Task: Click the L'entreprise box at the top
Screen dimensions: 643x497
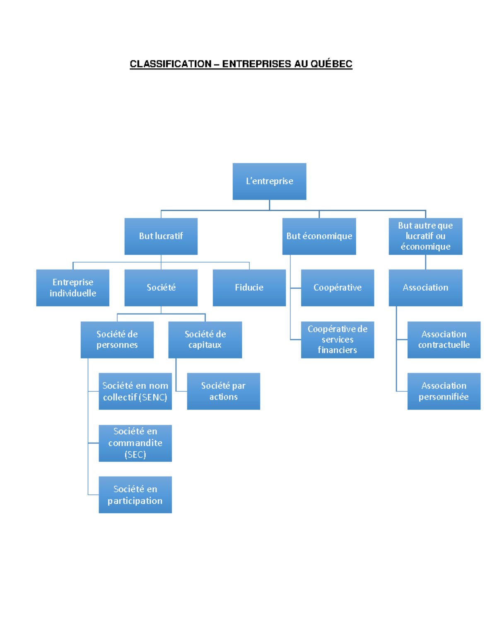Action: click(269, 181)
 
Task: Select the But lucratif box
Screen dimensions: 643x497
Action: click(161, 236)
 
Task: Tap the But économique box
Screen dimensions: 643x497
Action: click(319, 236)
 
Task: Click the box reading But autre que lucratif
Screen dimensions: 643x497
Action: click(425, 236)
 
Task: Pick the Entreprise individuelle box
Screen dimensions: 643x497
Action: click(72, 288)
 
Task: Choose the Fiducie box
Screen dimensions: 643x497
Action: click(249, 288)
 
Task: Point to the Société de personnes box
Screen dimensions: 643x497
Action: click(117, 340)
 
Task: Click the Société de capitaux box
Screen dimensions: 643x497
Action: click(205, 340)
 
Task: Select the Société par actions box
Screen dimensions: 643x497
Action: click(223, 391)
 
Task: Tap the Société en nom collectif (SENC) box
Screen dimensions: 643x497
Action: click(135, 391)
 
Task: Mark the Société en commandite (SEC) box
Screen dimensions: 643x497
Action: click(135, 443)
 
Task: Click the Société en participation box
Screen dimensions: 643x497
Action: click(135, 495)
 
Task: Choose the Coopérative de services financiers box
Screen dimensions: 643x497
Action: click(337, 340)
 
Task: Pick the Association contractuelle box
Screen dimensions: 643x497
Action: click(444, 340)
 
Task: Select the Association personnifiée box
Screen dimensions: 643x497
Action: click(444, 391)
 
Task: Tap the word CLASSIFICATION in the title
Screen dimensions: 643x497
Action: click(170, 64)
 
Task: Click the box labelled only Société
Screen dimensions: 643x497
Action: click(161, 288)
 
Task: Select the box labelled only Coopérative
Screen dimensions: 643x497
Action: click(337, 288)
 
